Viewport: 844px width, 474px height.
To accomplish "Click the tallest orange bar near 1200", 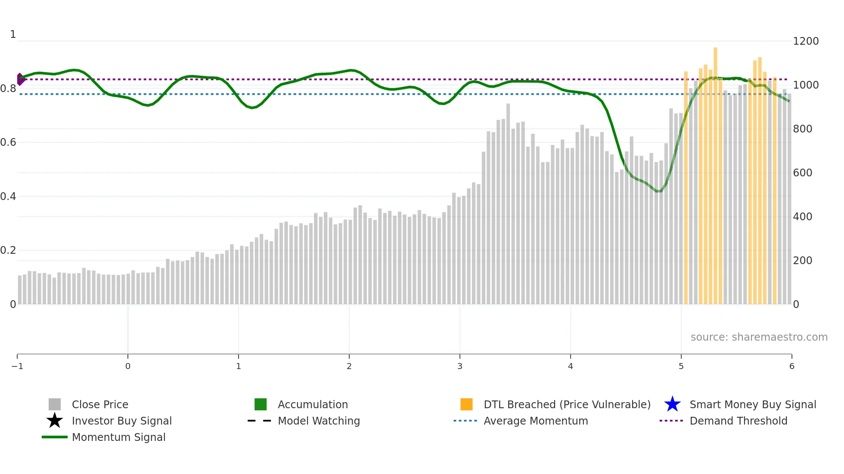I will [715, 172].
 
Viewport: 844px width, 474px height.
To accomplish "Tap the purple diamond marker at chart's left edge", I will [20, 79].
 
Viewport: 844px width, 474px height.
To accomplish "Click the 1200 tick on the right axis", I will [805, 41].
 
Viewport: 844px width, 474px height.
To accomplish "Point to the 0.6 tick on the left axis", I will [8, 142].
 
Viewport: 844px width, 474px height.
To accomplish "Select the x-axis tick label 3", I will [460, 366].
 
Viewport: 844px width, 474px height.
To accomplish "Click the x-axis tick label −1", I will [17, 366].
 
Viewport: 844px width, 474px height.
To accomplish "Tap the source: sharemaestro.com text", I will [759, 337].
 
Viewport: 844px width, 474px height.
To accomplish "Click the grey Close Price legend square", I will [55, 404].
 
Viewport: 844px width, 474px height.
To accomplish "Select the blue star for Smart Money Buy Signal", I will [672, 404].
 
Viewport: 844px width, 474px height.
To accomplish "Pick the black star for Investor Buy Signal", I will [55, 421].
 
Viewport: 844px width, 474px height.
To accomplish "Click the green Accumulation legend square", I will [261, 404].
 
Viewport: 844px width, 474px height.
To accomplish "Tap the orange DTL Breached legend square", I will [466, 404].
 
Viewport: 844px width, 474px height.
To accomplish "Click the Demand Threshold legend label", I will [738, 421].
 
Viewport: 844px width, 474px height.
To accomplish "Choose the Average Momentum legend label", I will [535, 421].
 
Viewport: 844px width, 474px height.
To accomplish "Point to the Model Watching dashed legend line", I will [259, 421].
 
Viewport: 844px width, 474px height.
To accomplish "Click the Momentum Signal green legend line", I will [55, 437].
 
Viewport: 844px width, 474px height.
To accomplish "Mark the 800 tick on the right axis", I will [802, 129].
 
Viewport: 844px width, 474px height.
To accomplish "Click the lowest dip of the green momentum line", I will [658, 191].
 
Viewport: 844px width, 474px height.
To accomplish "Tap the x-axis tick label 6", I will [791, 366].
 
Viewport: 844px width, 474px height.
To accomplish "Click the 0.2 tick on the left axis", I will [8, 250].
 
